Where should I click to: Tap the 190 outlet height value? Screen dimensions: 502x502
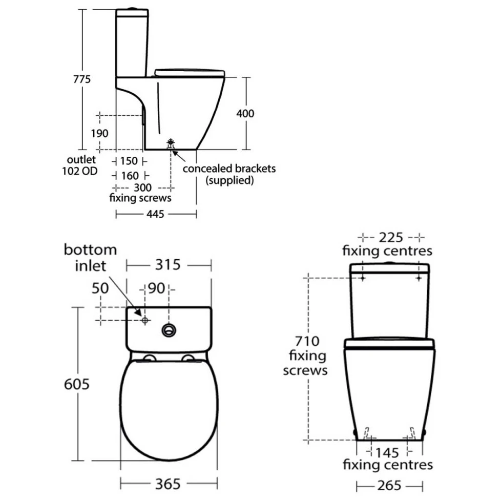click(x=99, y=133)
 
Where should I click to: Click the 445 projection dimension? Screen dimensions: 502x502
click(x=155, y=214)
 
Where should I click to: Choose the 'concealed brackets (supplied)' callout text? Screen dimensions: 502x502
click(x=229, y=174)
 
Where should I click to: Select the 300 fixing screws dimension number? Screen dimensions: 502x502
click(x=143, y=188)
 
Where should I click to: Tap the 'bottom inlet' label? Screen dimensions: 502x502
click(x=90, y=258)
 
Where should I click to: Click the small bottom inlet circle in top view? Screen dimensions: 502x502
click(x=144, y=320)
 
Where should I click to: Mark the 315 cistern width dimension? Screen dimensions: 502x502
click(x=169, y=265)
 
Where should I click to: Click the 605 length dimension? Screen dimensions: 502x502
click(x=75, y=383)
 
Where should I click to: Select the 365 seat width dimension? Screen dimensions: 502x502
click(x=169, y=483)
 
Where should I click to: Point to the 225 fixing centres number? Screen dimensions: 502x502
click(x=391, y=237)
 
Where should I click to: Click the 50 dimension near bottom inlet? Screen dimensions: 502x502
click(x=101, y=288)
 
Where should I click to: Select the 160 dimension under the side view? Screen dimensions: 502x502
click(x=130, y=176)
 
